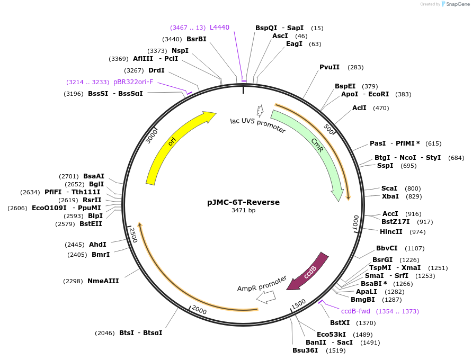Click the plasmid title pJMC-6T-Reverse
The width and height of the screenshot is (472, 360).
(x=243, y=202)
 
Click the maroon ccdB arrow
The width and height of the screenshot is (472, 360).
(x=309, y=272)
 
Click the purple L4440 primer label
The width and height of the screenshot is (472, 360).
(x=219, y=27)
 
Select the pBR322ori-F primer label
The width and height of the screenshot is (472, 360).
(x=133, y=82)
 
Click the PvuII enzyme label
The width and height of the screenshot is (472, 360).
(x=329, y=67)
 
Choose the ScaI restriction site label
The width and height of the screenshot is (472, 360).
(x=389, y=188)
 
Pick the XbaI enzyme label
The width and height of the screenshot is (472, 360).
(x=390, y=196)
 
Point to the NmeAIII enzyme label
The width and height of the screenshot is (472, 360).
(x=103, y=281)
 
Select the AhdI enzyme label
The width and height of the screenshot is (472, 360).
(x=97, y=245)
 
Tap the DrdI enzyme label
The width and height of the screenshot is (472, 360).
(x=156, y=70)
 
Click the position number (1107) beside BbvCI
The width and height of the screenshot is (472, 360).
(x=415, y=248)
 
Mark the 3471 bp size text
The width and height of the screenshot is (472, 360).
(x=243, y=211)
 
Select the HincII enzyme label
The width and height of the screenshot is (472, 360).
(x=391, y=232)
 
